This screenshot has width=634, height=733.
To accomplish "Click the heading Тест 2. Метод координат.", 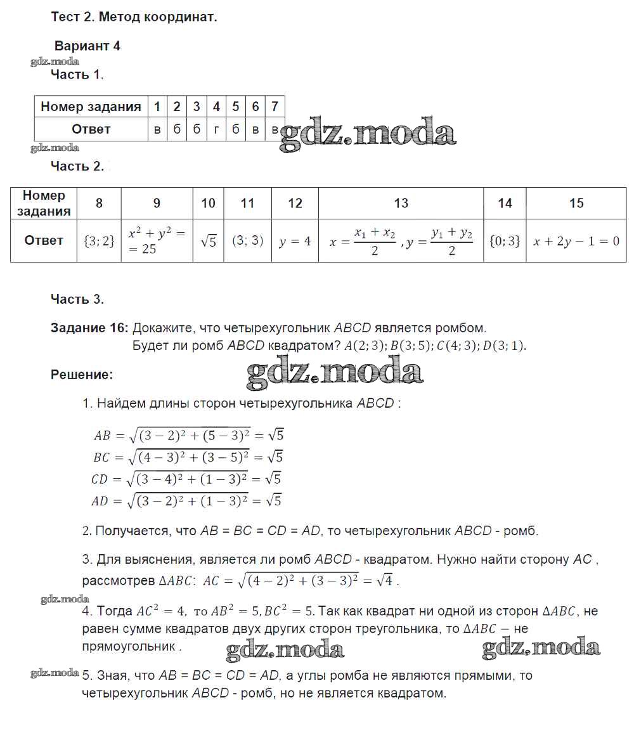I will coord(134,17).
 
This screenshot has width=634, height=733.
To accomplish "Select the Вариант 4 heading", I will coord(87,46).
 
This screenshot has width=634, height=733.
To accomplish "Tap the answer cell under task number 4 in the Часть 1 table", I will coord(216,129).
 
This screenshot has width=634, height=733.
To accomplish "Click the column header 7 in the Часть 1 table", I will coord(275,107).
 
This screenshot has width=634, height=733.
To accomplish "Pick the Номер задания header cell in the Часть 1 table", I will coord(91,107).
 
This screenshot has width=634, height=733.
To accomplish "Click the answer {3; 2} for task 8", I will coord(99,241).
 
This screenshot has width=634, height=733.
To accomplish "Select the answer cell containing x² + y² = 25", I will coord(156,241).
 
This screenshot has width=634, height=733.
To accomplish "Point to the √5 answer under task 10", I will coord(208,241).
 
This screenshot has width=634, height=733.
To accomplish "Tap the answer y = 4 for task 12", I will coord(295,241).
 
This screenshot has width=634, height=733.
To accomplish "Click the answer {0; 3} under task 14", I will coord(505,241).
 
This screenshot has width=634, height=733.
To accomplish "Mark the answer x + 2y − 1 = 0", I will coord(576,241).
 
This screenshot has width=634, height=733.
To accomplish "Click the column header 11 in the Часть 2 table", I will coord(247,204).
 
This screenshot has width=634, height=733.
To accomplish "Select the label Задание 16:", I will coord(89,328).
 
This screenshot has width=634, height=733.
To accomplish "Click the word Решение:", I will coord(82,375).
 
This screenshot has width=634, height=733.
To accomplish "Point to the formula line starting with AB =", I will coord(188,435).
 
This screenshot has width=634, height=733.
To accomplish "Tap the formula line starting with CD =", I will coord(186,479).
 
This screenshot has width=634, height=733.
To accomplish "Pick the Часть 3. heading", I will coord(77,299).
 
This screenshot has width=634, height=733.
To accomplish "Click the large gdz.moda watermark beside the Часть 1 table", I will coord(368,134).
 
